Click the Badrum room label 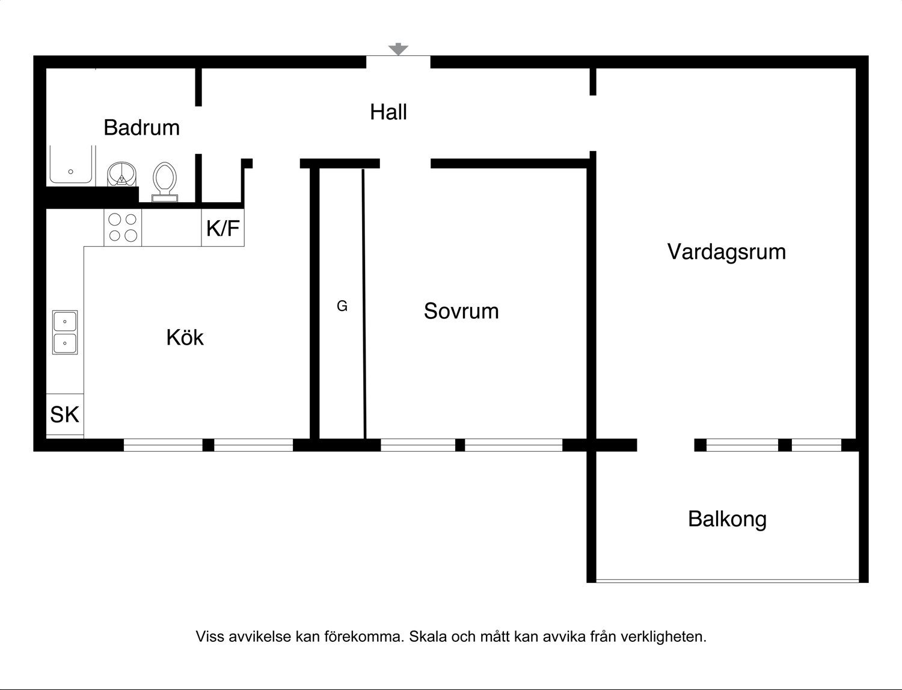142,128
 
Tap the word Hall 388,112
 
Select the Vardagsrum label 726,252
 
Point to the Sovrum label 461,311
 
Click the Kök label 185,337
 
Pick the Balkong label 728,519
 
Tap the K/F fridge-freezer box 222,227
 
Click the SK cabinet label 64,414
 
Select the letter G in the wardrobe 342,306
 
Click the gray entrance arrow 398,49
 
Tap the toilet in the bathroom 165,182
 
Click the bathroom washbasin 121,174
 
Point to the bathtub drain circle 71,172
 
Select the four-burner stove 123,227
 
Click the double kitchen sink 65,333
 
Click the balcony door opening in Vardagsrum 666,445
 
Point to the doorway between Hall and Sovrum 405,164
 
